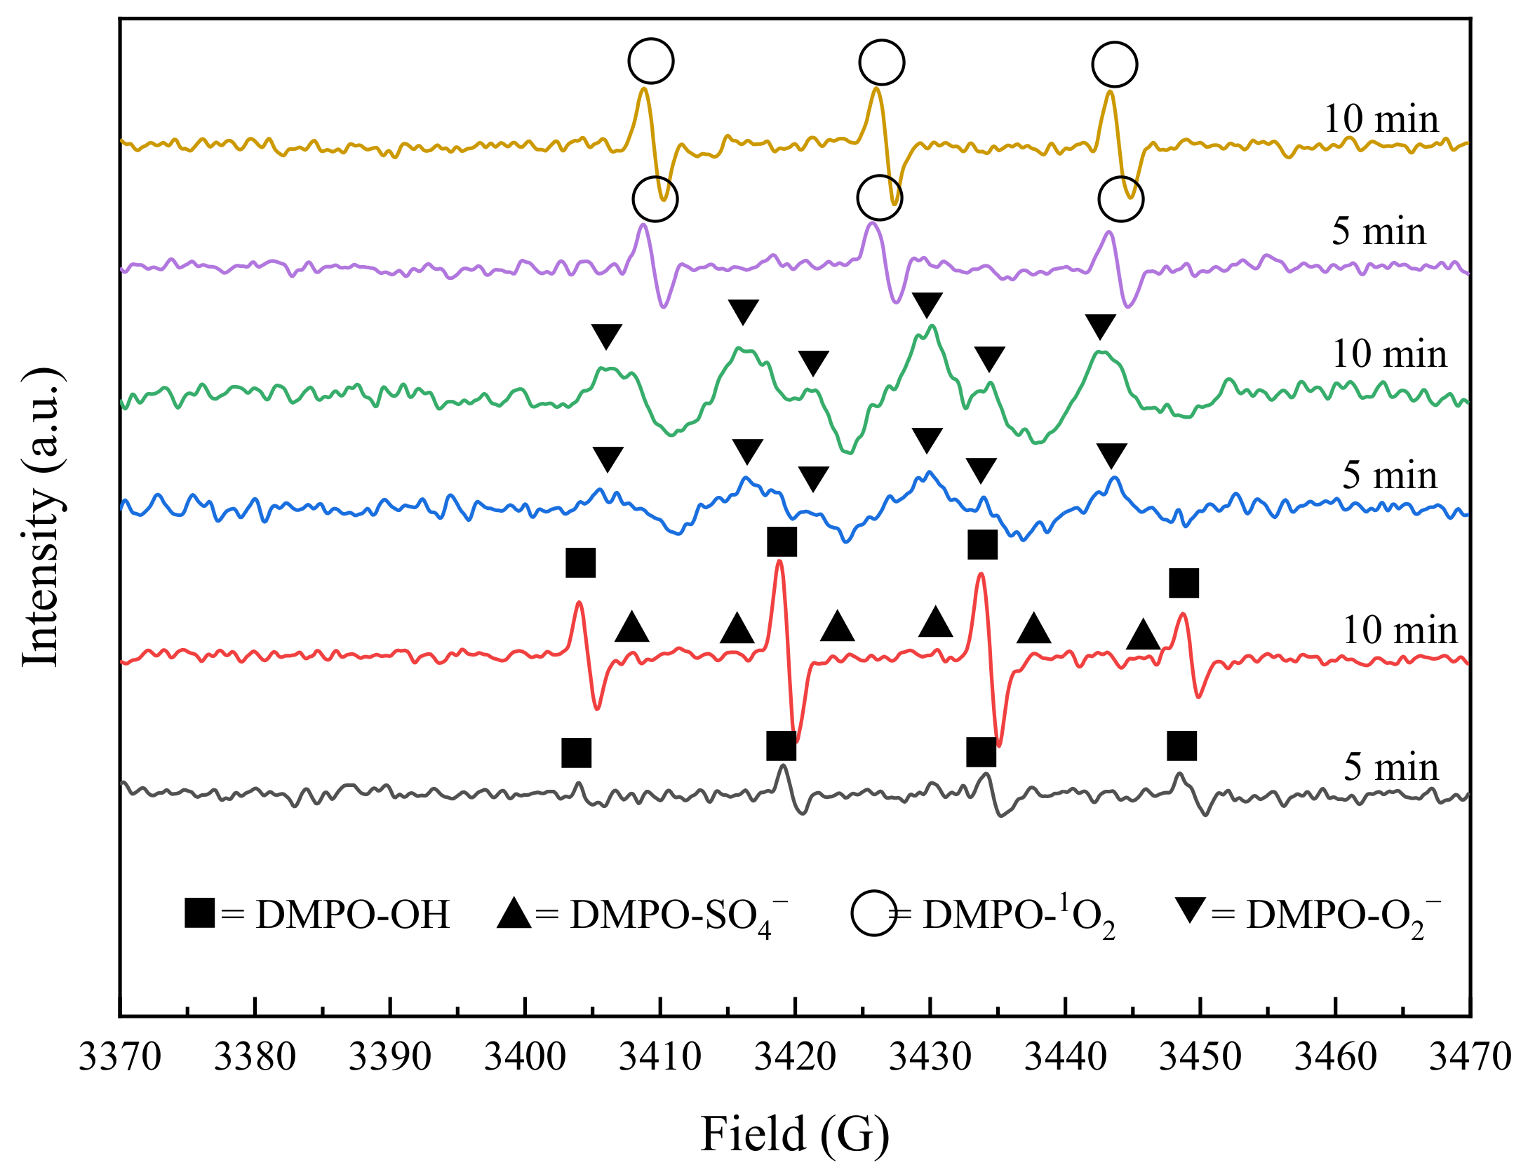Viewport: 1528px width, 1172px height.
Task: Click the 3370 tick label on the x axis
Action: pos(119,1057)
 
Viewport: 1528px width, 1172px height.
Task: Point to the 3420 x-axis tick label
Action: pos(795,1057)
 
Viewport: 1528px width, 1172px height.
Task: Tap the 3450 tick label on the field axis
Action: pos(1200,1057)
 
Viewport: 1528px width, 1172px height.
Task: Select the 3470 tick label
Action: pos(1470,1057)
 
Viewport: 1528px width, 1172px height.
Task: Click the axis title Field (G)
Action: pos(795,1134)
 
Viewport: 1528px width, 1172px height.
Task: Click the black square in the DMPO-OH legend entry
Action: pos(199,912)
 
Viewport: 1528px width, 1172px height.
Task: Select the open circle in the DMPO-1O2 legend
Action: pos(873,913)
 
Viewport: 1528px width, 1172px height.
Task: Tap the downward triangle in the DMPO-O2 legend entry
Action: pos(1191,910)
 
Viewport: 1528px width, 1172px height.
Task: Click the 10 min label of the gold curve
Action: pos(1381,119)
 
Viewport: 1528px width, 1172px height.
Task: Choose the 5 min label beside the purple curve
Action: pos(1379,231)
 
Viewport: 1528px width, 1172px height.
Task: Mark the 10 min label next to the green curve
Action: pos(1389,354)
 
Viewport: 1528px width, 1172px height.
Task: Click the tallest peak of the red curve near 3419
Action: pos(779,562)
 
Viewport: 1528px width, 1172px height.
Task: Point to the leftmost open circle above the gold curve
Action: pos(651,61)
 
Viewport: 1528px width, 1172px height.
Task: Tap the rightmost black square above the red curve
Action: pos(1184,583)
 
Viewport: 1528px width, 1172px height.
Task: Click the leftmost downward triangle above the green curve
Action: pos(606,336)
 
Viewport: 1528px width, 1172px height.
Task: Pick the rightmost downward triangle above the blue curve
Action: pos(1111,455)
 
